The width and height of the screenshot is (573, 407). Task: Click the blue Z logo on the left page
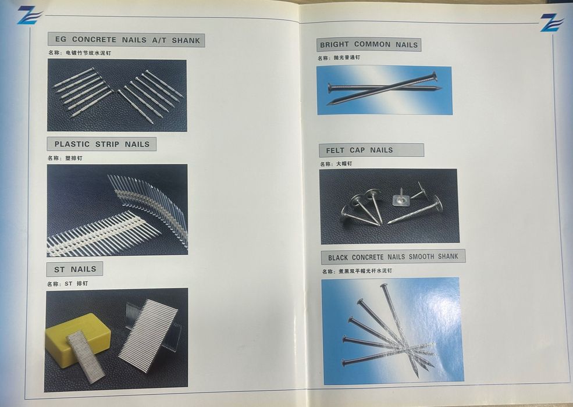pyautogui.click(x=29, y=15)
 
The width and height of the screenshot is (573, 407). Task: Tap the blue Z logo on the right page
pyautogui.click(x=551, y=22)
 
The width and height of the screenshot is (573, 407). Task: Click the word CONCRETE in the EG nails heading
pyautogui.click(x=94, y=40)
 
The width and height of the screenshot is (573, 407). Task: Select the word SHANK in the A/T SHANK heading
pyautogui.click(x=186, y=41)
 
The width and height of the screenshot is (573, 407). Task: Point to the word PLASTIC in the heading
pyautogui.click(x=72, y=144)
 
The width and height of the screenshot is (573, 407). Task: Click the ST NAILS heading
pyautogui.click(x=75, y=269)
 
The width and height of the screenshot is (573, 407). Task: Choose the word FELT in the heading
pyautogui.click(x=335, y=150)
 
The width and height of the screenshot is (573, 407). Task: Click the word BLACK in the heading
pyautogui.click(x=337, y=258)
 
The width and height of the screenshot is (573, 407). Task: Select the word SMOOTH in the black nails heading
pyautogui.click(x=421, y=257)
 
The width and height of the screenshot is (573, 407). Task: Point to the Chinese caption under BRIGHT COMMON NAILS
pyautogui.click(x=339, y=58)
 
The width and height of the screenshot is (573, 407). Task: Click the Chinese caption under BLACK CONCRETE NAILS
pyautogui.click(x=357, y=271)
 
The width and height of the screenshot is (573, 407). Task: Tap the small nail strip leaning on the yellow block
pyautogui.click(x=87, y=356)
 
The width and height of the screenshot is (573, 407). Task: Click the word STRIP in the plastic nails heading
pyautogui.click(x=107, y=144)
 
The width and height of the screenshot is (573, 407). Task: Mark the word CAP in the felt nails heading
pyautogui.click(x=357, y=150)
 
